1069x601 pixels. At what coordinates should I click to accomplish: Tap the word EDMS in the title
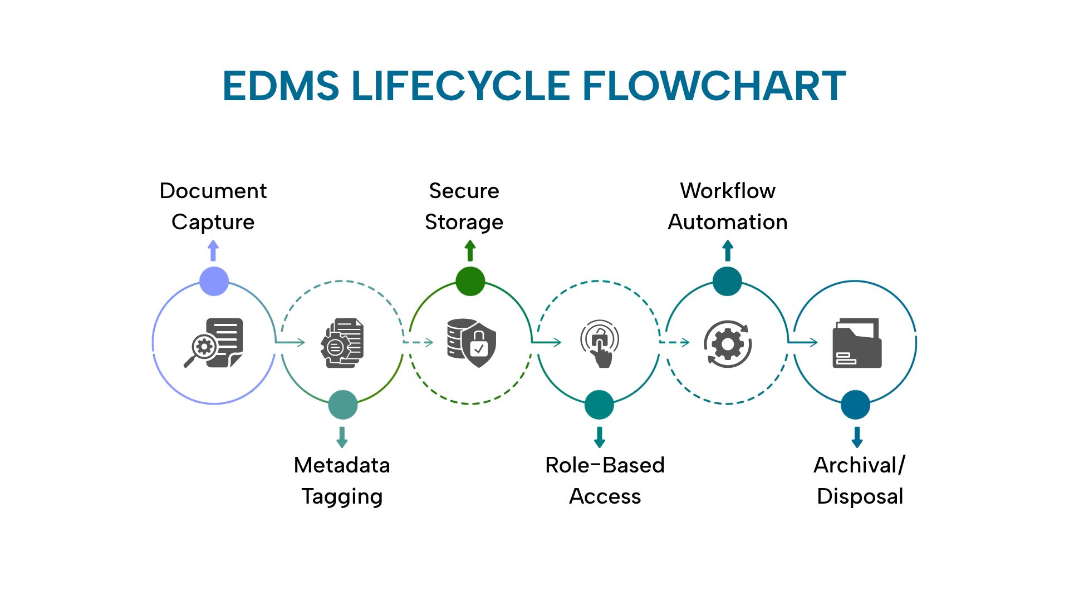(x=281, y=86)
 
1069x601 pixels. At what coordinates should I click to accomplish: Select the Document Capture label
(x=213, y=206)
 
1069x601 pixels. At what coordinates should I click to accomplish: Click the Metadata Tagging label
(x=342, y=480)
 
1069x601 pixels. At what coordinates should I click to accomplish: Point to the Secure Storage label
(x=464, y=206)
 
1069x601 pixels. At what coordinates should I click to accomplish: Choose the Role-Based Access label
(x=605, y=480)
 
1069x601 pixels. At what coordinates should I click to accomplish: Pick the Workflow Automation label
(x=727, y=206)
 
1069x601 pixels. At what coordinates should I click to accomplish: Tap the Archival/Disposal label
(x=860, y=480)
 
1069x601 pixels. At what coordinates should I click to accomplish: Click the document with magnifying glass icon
(x=214, y=343)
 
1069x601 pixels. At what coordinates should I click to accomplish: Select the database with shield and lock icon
(x=471, y=343)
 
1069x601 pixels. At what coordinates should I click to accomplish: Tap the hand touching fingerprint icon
(x=600, y=343)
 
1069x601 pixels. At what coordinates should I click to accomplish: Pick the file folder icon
(x=857, y=343)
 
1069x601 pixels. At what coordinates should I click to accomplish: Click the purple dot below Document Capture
(x=214, y=281)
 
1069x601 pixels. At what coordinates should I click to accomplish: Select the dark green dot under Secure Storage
(x=470, y=281)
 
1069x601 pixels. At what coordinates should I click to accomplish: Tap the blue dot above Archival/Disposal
(x=855, y=405)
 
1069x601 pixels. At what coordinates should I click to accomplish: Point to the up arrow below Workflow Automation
(x=727, y=250)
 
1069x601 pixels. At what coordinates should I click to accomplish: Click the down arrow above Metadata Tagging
(x=342, y=437)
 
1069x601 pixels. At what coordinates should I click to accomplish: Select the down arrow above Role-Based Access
(x=599, y=437)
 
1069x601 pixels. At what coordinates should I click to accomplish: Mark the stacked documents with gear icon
(x=342, y=343)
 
